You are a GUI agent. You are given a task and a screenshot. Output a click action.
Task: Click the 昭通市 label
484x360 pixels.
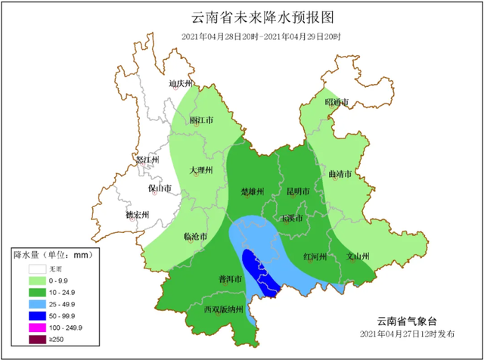[337, 101]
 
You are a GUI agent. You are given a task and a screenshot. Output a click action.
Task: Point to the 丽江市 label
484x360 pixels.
[201, 119]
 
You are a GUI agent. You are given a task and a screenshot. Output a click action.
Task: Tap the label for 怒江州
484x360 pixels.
[147, 160]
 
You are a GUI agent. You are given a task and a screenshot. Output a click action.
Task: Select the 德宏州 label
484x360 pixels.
[138, 216]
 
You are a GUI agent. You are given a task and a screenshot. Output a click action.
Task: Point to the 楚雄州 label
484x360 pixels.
[252, 191]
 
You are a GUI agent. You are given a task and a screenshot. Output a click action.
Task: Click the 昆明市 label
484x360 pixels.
[298, 191]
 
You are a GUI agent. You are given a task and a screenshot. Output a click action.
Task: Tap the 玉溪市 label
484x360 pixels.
[292, 219]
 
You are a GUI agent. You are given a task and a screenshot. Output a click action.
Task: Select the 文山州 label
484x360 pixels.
[357, 256]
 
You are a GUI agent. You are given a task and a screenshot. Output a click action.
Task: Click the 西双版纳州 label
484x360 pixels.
[224, 309]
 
